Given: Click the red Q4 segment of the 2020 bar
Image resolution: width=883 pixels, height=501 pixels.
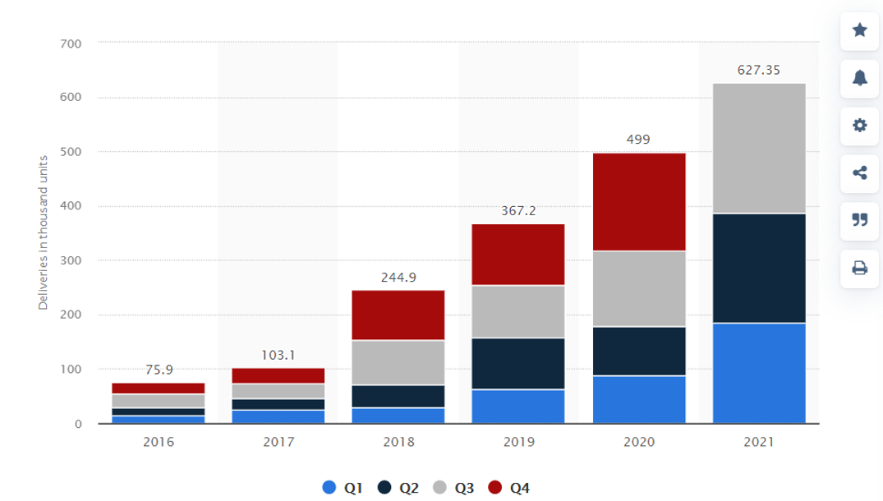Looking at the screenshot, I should coord(638,202).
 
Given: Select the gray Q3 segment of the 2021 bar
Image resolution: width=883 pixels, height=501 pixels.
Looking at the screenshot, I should coord(759,148).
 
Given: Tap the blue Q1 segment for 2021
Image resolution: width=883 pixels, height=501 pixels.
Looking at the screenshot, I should coord(759,373).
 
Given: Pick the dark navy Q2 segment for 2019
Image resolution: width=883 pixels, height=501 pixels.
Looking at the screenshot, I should coord(518,363).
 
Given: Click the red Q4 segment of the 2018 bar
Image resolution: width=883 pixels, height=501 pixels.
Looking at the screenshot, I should coord(398,315).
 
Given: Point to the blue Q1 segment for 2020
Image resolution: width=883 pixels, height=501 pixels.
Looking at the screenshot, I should coord(638,399).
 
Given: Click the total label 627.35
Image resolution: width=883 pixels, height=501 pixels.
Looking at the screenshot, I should coord(759,71).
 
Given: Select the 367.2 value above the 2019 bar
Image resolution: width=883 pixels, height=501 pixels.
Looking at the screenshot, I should coord(518,211).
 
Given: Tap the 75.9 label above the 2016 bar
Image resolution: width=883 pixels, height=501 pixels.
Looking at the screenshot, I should coord(159,370).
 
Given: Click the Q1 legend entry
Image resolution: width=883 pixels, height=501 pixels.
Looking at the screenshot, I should coord(344,488).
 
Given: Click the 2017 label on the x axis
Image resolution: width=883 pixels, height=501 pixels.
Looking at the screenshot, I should coord(278,442).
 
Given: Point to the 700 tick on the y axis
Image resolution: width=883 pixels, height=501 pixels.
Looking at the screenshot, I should coord(71,43).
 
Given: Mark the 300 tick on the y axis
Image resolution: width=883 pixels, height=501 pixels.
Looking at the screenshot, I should coord(71,260).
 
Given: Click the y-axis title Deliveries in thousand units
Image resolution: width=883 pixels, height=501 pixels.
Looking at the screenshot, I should coord(43,232).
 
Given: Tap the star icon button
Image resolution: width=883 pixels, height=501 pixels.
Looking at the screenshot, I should coord(860,30).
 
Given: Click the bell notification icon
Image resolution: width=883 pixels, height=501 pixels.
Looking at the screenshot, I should coord(860,78).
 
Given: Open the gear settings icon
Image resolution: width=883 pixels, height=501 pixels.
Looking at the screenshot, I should coord(860,126).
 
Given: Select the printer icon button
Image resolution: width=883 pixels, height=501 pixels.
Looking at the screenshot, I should coord(860,268).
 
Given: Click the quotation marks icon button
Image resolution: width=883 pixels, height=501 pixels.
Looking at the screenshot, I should coord(860,220).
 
